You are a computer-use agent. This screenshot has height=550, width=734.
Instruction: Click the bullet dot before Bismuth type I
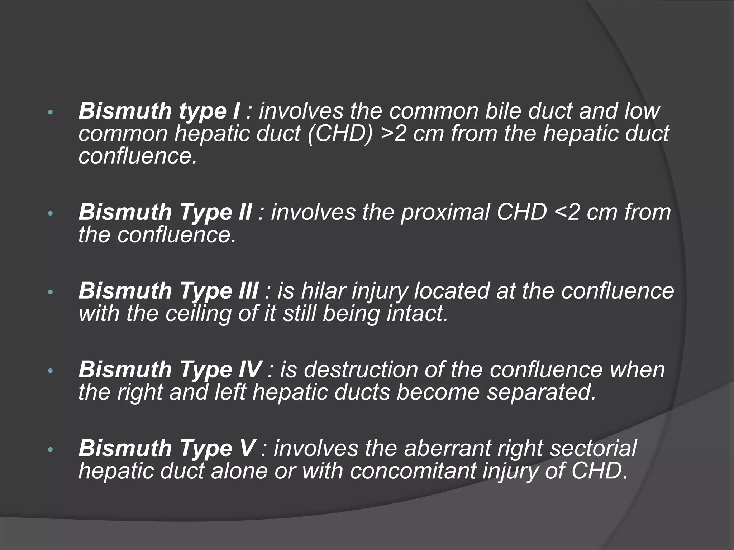pos(50,112)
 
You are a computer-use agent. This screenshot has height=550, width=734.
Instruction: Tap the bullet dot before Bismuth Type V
pos(50,449)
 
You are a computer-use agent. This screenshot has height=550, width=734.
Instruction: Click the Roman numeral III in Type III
pos(248,290)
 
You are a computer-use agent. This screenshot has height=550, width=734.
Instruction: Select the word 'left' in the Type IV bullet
pos(230,392)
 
